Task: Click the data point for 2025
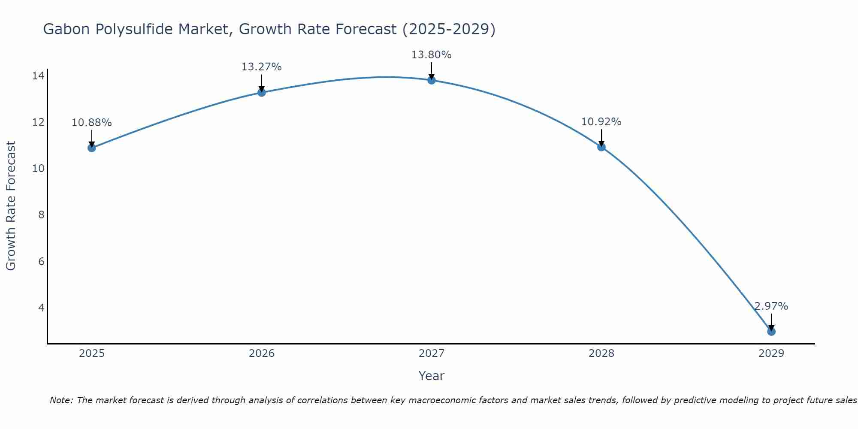coord(91,148)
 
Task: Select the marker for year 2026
coord(261,92)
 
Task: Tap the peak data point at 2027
coord(431,80)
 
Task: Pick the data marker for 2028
coord(601,147)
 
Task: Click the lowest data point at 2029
coord(771,332)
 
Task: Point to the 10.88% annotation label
coord(91,123)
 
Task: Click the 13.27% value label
coord(261,67)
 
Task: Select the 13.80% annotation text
coord(431,55)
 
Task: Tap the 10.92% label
coord(601,122)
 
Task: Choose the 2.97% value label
coord(771,306)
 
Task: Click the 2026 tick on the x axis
coord(262,353)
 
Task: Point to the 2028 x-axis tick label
coord(601,353)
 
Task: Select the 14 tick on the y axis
coord(38,76)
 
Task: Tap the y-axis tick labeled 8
coord(41,215)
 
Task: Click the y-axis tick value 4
coord(41,308)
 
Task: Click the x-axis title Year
coord(431,376)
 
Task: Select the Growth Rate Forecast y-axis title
coord(11,206)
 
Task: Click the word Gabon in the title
coord(66,29)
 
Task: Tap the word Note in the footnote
coord(61,400)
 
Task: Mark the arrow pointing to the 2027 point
coord(431,71)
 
